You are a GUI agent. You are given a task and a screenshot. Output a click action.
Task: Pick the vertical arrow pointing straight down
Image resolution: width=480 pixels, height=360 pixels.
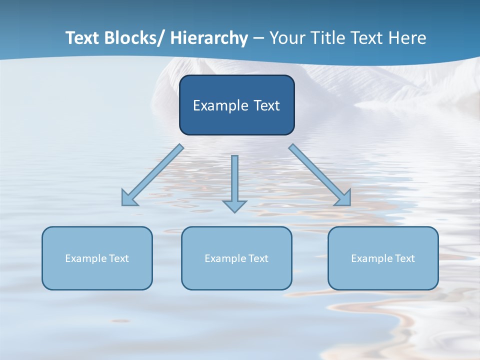tap(234, 180)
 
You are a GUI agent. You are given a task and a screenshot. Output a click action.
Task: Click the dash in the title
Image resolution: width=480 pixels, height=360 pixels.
tap(258, 38)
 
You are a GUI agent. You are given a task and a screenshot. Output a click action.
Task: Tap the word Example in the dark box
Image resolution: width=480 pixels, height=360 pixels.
tap(220, 105)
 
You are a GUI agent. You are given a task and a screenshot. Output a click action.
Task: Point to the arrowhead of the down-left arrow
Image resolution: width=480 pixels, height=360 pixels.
tap(129, 198)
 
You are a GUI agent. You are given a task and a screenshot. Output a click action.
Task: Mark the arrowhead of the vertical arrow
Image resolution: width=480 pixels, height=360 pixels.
tap(234, 206)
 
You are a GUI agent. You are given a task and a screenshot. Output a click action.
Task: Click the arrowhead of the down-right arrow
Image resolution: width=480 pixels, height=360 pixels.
tap(343, 198)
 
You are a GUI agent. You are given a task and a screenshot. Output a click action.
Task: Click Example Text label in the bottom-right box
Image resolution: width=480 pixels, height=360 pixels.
tap(383, 258)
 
